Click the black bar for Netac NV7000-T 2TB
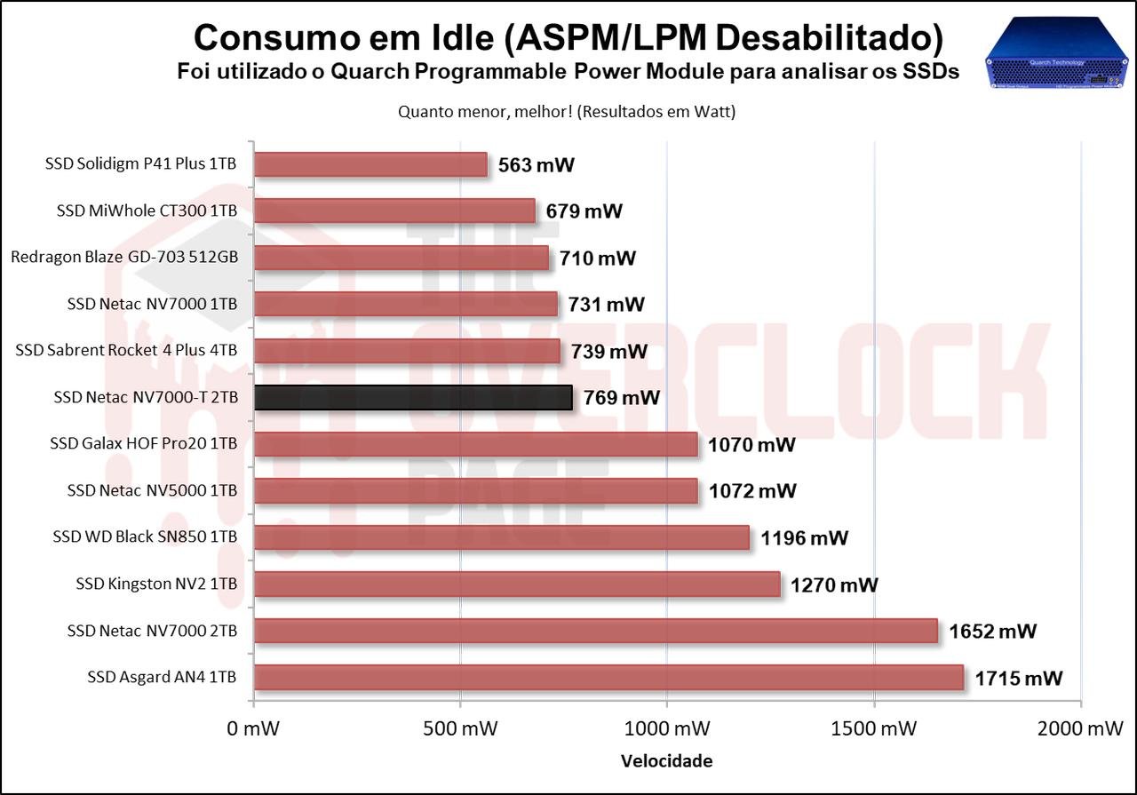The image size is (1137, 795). coord(413,397)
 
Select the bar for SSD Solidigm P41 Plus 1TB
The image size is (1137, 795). coord(370,164)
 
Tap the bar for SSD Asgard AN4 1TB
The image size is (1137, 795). coord(608,677)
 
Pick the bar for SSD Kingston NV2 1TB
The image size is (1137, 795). coord(517,584)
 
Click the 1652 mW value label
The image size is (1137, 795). coord(992,632)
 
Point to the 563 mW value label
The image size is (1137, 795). coord(537,165)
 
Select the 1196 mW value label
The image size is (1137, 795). coord(804,538)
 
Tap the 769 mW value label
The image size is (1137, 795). coord(622,398)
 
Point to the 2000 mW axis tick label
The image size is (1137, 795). coord(1079,729)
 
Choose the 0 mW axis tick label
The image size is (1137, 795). coord(254,729)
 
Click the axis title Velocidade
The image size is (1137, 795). coord(666,761)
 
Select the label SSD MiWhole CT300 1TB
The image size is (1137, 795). coord(147,211)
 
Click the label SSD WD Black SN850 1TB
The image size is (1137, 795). coord(145,537)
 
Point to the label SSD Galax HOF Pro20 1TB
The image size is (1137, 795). coord(144,444)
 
